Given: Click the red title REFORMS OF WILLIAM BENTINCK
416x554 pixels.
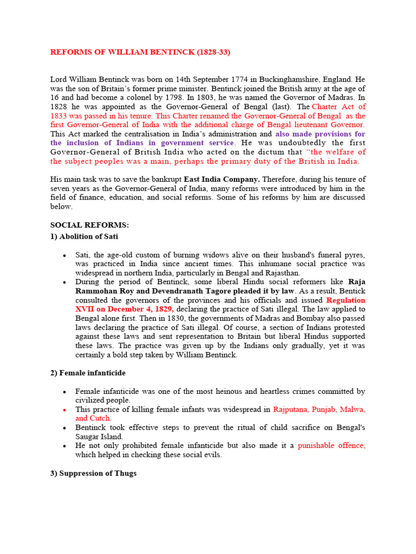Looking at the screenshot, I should click(x=144, y=52).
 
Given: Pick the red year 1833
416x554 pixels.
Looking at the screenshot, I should click(x=60, y=116).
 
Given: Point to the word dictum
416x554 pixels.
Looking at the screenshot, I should click(x=268, y=152).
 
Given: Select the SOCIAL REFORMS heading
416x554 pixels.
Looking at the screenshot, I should click(x=89, y=225).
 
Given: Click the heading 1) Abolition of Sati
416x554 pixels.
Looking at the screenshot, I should click(x=84, y=236).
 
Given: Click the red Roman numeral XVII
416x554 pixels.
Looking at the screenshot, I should click(x=86, y=309).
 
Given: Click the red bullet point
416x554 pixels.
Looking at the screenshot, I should click(x=64, y=410).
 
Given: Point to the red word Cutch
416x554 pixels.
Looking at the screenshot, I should click(x=101, y=418).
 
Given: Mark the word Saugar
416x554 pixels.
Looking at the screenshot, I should click(x=89, y=437).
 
